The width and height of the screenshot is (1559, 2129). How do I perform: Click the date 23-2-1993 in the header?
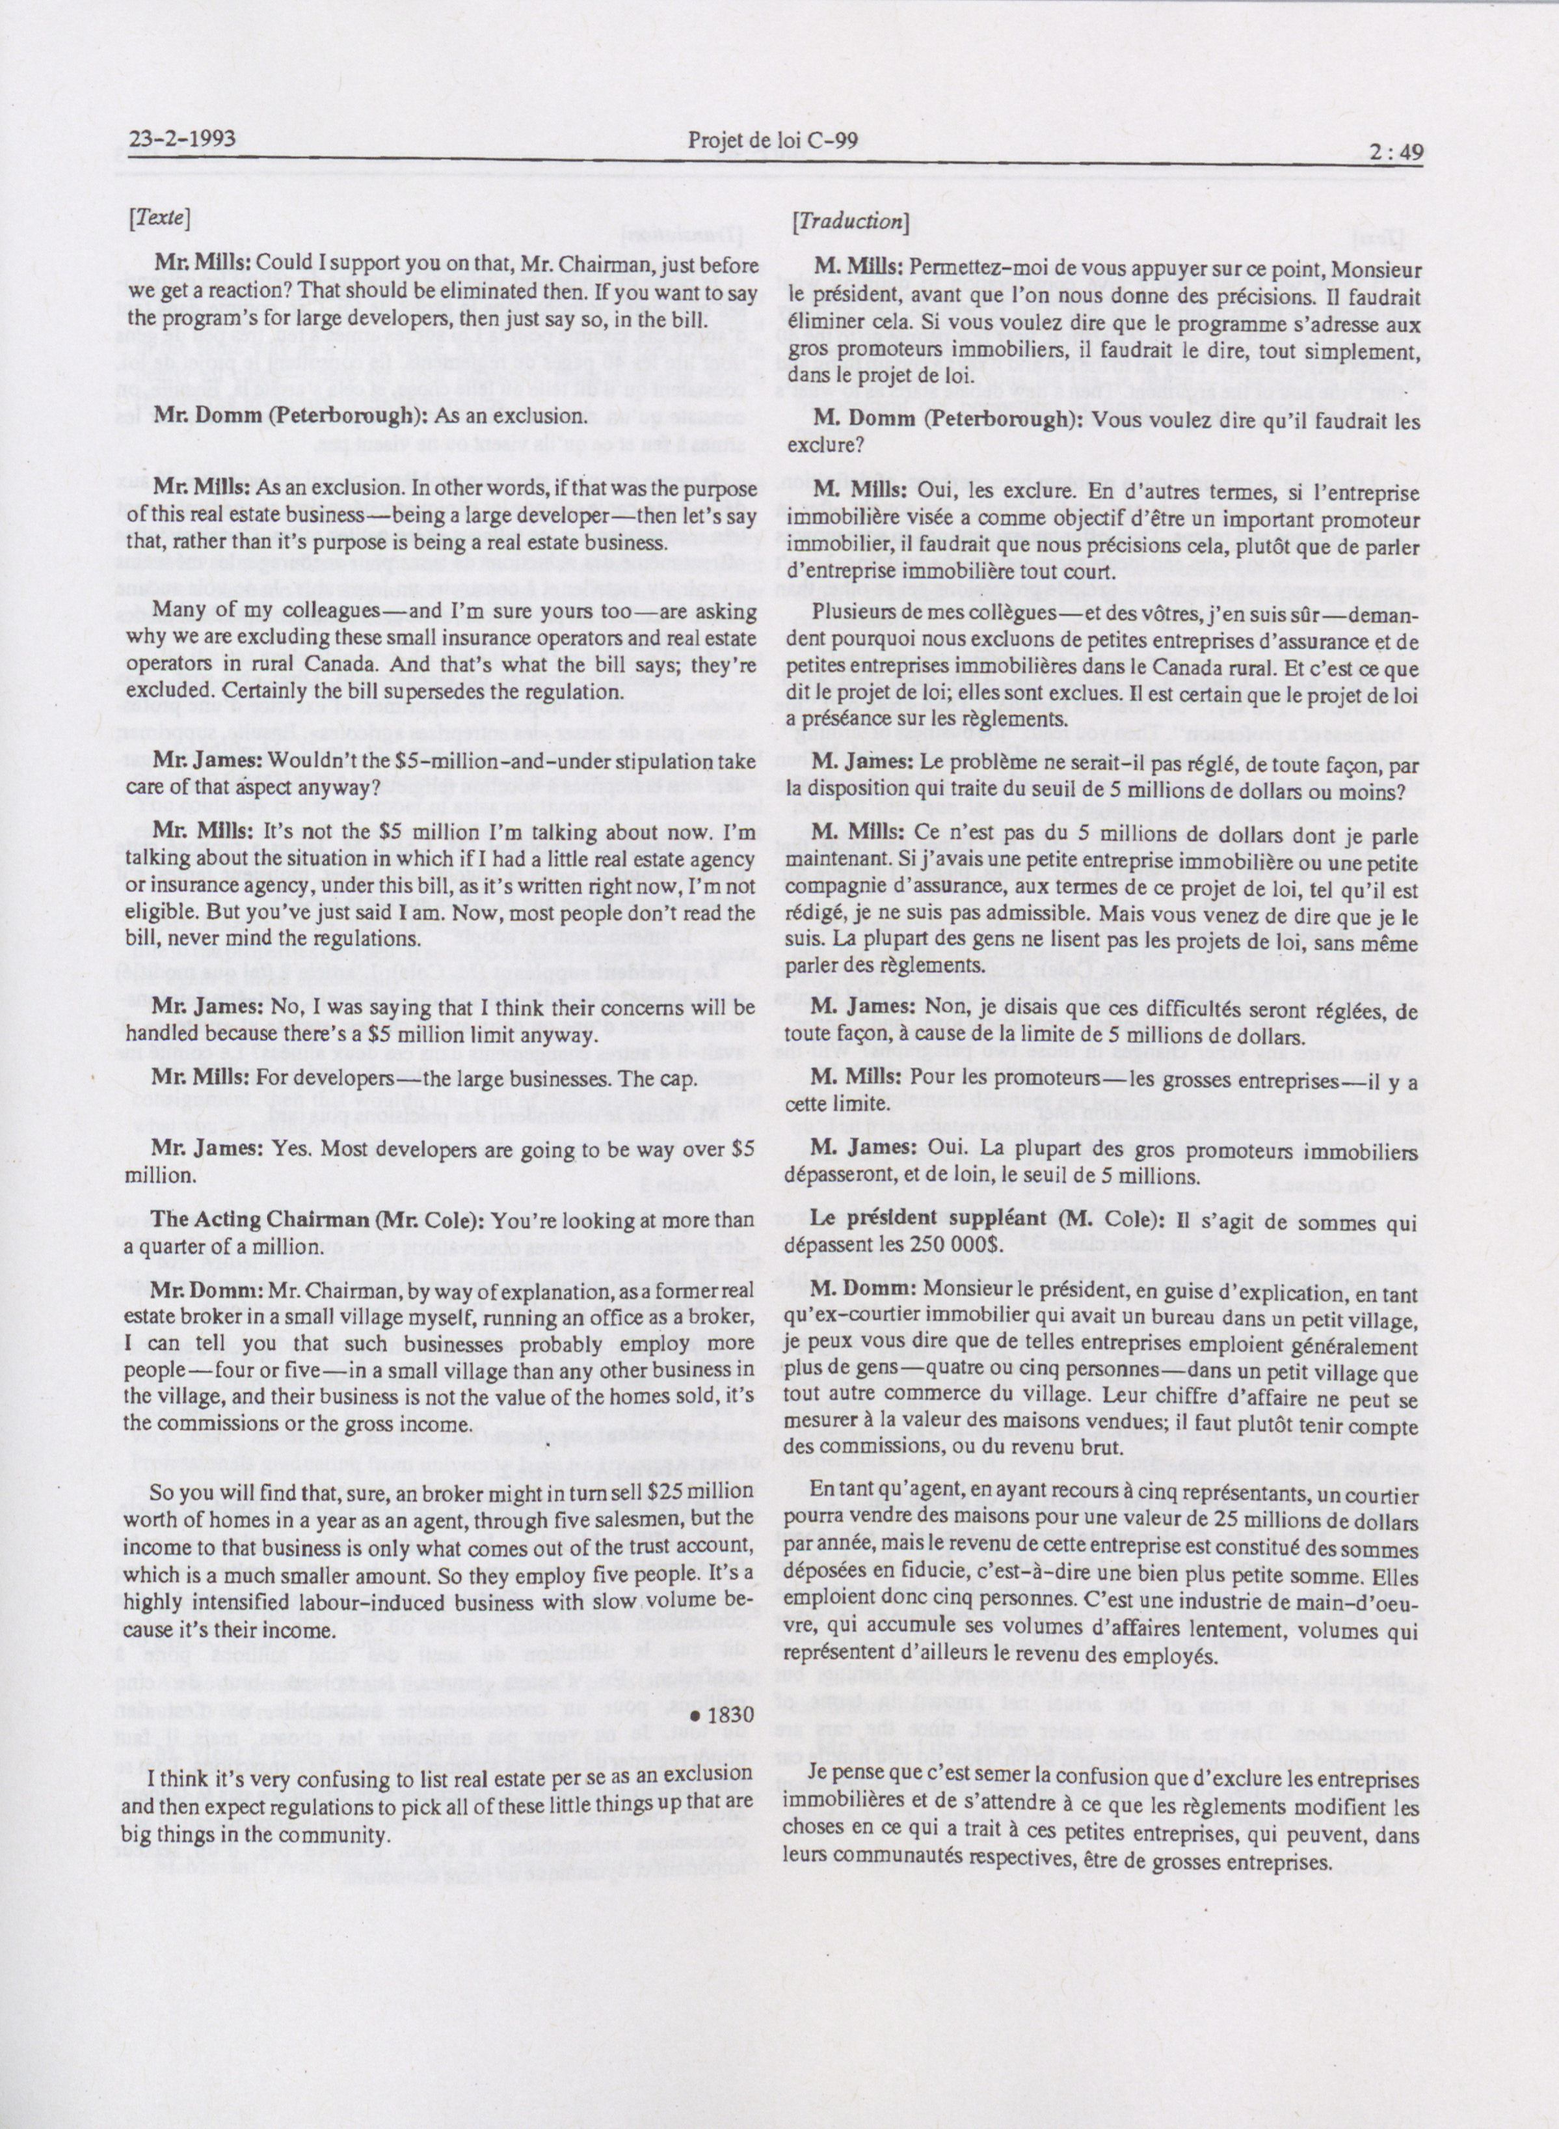181,143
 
